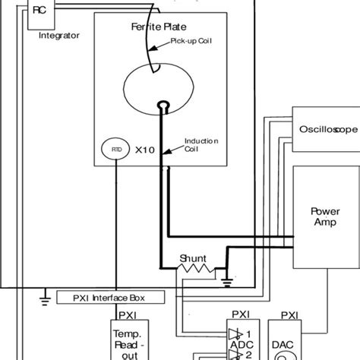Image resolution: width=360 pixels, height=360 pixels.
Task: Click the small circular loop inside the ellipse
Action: [x=162, y=105]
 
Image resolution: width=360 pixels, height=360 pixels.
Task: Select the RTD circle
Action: [x=115, y=149]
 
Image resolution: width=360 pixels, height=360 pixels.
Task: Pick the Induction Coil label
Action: [x=201, y=144]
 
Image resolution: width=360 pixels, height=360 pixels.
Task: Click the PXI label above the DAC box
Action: [x=289, y=314]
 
